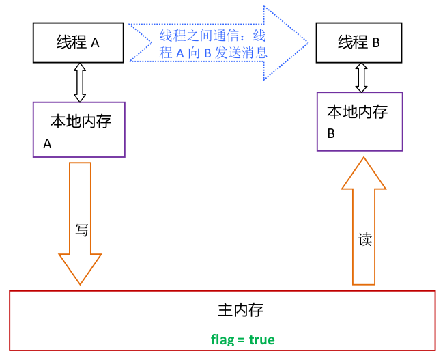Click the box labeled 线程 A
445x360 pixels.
tap(78, 42)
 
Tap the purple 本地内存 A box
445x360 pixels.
tap(79, 130)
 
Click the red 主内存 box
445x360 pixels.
tap(222, 320)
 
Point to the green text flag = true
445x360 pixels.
tap(243, 340)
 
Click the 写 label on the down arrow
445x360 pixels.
tap(81, 230)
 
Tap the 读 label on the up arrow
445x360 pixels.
tap(364, 239)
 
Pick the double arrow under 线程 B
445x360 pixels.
tap(361, 78)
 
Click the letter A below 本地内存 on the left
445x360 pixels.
tap(48, 144)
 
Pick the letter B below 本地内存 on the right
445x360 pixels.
tap(331, 134)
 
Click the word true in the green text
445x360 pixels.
tap(262, 340)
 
